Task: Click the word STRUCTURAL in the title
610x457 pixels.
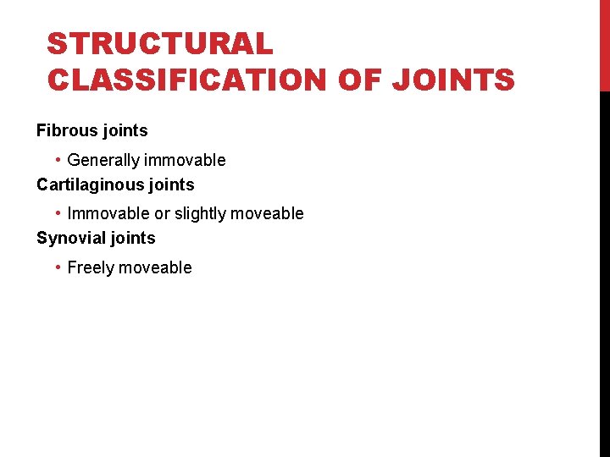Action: (x=160, y=43)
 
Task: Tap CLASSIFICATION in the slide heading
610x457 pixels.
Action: (x=187, y=80)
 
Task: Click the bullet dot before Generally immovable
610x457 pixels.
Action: (x=58, y=160)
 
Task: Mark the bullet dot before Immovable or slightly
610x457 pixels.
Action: (x=58, y=213)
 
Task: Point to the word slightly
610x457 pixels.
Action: (x=203, y=214)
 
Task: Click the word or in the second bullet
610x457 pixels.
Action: (x=162, y=214)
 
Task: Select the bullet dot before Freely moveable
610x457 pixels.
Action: (x=58, y=267)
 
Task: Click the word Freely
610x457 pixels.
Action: (x=91, y=268)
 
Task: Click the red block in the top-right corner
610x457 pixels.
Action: (x=604, y=45)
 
